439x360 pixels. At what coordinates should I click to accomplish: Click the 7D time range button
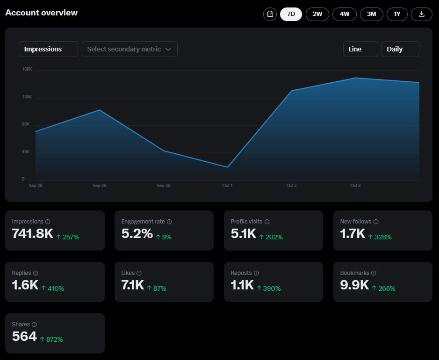tap(291, 14)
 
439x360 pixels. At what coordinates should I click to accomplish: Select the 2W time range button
tap(317, 14)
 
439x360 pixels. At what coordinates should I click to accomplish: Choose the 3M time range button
tap(372, 14)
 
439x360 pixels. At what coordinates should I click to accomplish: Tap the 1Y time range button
tap(397, 14)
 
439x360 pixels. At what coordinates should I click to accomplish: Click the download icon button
tap(422, 14)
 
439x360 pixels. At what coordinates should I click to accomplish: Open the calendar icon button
tap(270, 14)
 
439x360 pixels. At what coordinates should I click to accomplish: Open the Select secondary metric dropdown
tap(130, 49)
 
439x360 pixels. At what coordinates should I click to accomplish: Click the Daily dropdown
tap(400, 49)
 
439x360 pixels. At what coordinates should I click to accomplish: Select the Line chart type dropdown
tap(360, 49)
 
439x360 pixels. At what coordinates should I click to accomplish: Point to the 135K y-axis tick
tap(27, 97)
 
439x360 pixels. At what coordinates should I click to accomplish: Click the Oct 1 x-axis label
tap(227, 185)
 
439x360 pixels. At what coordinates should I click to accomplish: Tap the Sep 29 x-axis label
tap(100, 185)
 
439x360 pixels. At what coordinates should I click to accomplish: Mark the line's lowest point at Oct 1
tap(227, 167)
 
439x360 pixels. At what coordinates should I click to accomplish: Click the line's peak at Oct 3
tap(356, 78)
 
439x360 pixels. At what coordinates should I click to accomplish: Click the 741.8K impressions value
tap(32, 233)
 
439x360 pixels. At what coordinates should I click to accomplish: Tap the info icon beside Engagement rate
tap(169, 222)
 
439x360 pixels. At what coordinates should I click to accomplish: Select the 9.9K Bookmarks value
tap(354, 285)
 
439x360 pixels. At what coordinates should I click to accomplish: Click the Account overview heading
tap(42, 13)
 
